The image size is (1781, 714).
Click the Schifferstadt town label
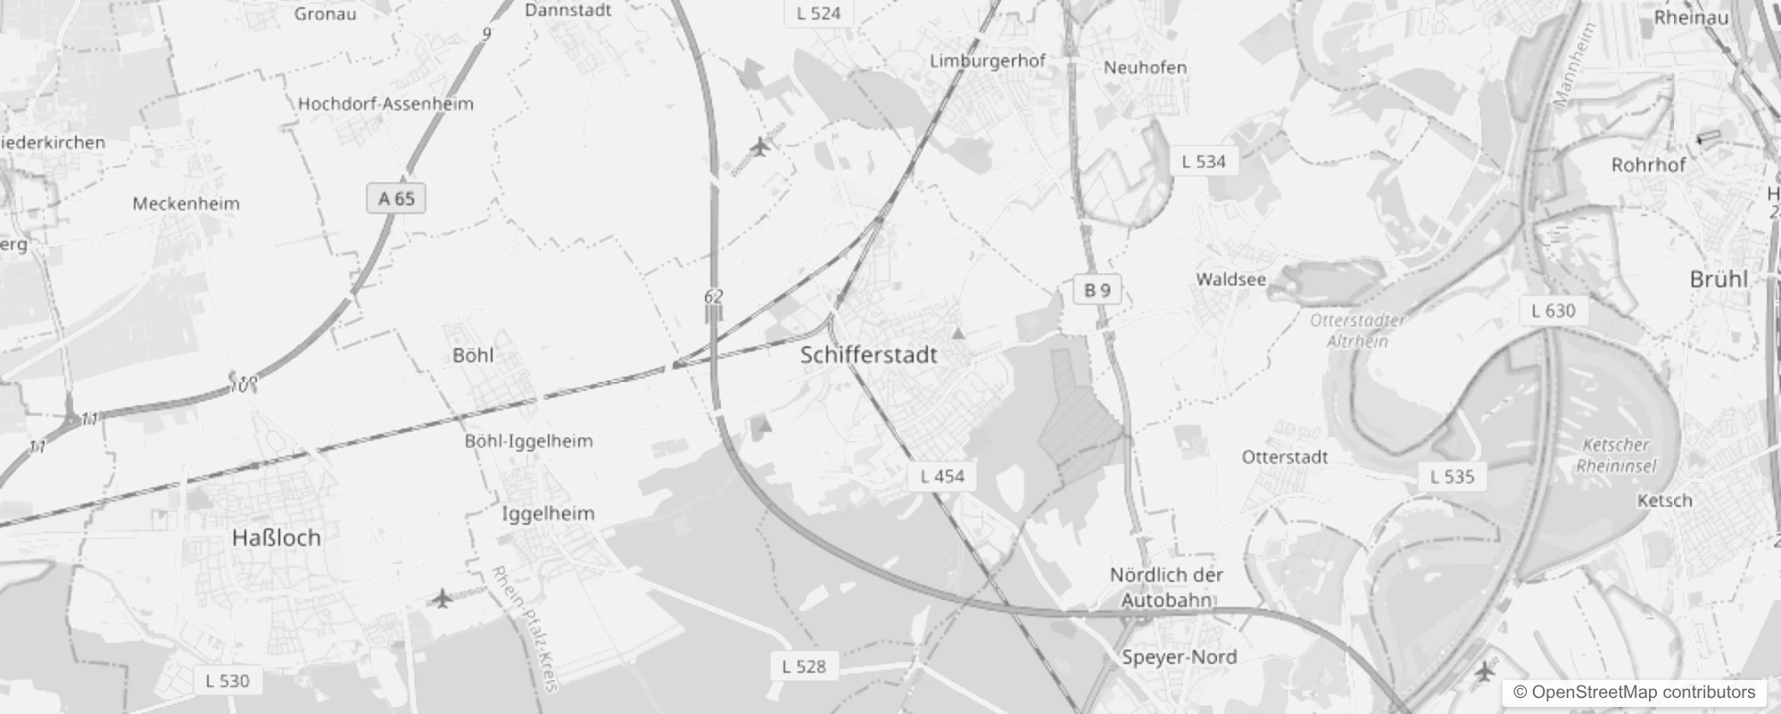pyautogui.click(x=868, y=355)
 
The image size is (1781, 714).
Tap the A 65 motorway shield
pyautogui.click(x=396, y=198)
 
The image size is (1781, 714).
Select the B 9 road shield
pyautogui.click(x=1098, y=290)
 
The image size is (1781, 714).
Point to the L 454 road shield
pyautogui.click(x=942, y=476)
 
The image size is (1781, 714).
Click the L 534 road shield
pyautogui.click(x=1203, y=162)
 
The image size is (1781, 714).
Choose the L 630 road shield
pyautogui.click(x=1553, y=311)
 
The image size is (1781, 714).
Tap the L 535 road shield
pyautogui.click(x=1452, y=476)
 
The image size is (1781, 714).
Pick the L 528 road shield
pyautogui.click(x=804, y=666)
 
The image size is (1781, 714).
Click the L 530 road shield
pyautogui.click(x=228, y=680)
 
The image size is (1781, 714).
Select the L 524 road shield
pyautogui.click(x=818, y=12)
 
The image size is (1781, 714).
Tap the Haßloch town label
pyautogui.click(x=276, y=538)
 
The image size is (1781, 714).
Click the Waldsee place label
pyautogui.click(x=1230, y=279)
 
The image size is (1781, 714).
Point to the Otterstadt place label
pyautogui.click(x=1285, y=457)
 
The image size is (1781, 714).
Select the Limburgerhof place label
pyautogui.click(x=987, y=61)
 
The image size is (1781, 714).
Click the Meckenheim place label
pyautogui.click(x=186, y=203)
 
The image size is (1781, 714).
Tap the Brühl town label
pyautogui.click(x=1719, y=278)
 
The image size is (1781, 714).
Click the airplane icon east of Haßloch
pyautogui.click(x=442, y=598)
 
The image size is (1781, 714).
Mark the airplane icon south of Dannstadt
pyautogui.click(x=759, y=146)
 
